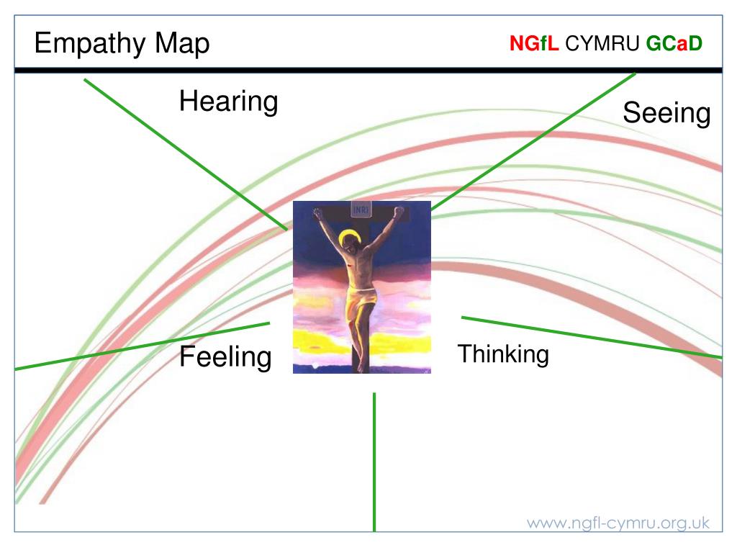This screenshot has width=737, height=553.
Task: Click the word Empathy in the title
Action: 90,44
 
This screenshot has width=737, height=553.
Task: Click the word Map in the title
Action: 182,43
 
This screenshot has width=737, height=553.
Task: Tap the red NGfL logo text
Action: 534,43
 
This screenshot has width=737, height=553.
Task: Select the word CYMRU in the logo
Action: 602,43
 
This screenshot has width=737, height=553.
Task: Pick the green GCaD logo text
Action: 674,43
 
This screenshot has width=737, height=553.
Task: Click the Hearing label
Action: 229,102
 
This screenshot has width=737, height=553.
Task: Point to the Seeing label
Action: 666,113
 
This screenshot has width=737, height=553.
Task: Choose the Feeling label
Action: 225,357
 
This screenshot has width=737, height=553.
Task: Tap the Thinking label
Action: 503,354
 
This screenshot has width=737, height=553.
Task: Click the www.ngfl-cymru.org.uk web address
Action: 618,523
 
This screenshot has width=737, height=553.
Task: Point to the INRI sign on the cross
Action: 361,210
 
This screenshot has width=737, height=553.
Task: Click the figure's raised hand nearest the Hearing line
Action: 318,213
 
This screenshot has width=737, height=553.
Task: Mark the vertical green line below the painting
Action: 374,462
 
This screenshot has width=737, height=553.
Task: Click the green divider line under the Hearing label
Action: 186,155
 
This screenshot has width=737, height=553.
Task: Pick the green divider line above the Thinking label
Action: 592,338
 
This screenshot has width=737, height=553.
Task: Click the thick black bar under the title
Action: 368,71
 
